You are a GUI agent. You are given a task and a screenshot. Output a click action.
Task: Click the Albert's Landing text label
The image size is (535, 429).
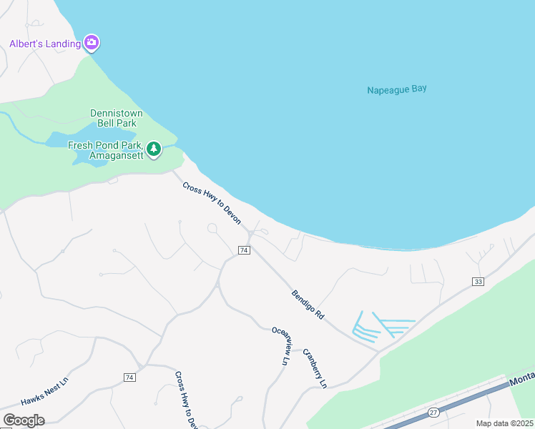(x=44, y=44)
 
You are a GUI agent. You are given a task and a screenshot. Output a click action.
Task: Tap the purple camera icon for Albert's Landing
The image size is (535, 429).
(x=91, y=43)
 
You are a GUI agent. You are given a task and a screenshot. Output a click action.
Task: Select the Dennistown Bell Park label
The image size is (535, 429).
(x=117, y=118)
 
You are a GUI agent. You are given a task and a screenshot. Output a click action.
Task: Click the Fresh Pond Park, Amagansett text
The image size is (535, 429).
(x=105, y=150)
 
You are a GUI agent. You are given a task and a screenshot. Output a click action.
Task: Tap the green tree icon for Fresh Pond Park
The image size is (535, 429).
(x=153, y=149)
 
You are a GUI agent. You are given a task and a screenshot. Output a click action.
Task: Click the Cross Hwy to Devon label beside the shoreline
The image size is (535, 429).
(x=212, y=203)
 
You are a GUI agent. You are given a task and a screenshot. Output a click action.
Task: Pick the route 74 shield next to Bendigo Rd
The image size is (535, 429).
(x=245, y=250)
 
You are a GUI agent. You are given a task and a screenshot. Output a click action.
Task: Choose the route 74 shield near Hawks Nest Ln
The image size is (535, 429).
(x=129, y=377)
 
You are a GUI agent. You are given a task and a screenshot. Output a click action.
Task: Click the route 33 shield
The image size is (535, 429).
(x=478, y=282)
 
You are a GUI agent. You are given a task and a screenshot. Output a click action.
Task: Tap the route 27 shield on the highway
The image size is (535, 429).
(x=433, y=412)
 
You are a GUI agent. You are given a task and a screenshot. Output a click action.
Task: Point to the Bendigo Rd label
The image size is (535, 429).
(x=308, y=304)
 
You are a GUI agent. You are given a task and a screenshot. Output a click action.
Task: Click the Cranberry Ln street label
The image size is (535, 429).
(x=315, y=368)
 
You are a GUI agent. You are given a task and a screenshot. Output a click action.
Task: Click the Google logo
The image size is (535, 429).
(x=24, y=420)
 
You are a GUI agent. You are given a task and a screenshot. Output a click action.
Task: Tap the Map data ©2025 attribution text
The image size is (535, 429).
(x=504, y=423)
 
